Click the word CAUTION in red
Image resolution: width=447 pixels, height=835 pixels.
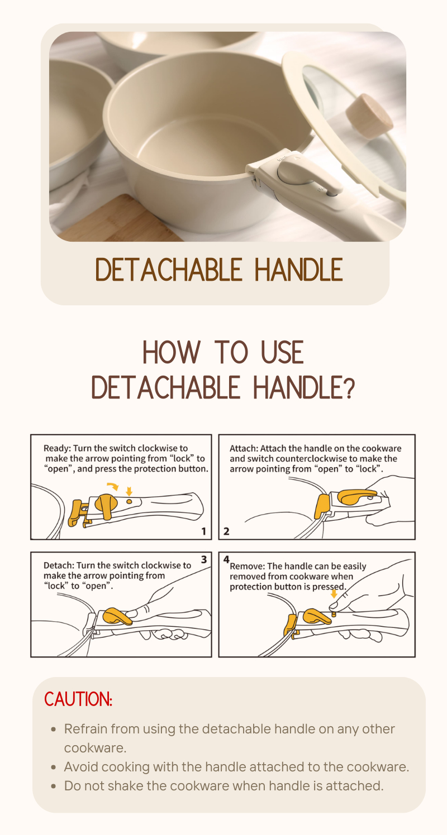point(78,699)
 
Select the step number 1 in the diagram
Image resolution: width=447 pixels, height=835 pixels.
point(204,531)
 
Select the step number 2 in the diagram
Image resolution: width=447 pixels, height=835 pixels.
point(226,531)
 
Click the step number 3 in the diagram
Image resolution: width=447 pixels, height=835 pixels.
point(204,559)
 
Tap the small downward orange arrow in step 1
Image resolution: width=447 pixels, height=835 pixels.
point(130,491)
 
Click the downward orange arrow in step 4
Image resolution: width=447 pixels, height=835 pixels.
point(334,594)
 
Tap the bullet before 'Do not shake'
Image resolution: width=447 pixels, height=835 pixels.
point(54,786)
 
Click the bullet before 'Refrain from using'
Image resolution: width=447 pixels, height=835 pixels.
point(54,730)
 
